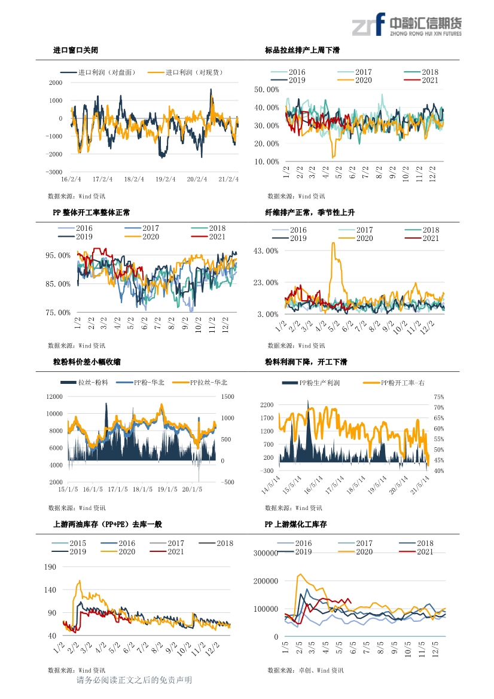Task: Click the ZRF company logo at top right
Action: click(407, 25)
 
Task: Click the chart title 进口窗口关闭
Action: click(75, 50)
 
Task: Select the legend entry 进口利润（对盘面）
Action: click(98, 72)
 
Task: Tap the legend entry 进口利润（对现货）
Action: click(185, 72)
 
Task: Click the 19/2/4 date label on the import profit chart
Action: click(166, 179)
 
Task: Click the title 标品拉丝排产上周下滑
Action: click(302, 50)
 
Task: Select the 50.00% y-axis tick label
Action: click(267, 90)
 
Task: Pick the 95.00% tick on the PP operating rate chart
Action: click(58, 255)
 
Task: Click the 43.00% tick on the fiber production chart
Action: click(266, 251)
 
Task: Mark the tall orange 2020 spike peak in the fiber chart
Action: click(333, 243)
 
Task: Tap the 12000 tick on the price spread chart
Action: click(54, 397)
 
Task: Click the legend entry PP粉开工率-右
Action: click(394, 383)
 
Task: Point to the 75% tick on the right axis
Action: click(439, 397)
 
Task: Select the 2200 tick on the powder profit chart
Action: click(267, 405)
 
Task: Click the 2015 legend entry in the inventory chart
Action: click(69, 544)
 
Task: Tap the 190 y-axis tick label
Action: click(50, 567)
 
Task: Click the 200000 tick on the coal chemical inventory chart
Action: click(266, 581)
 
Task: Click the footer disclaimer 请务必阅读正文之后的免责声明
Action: click(134, 680)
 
